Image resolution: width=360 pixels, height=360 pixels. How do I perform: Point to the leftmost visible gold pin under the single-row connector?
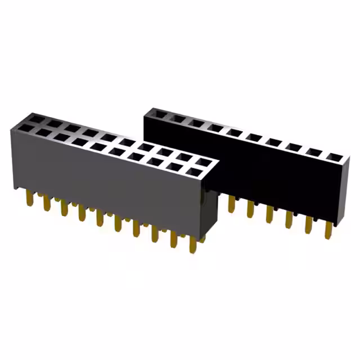(x=231, y=203)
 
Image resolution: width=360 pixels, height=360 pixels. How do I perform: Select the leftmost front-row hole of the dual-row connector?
(x=25, y=129)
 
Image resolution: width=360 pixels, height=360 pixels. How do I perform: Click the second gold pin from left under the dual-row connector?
(x=47, y=204)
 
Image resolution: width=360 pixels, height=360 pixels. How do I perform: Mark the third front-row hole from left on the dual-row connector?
(x=62, y=138)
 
